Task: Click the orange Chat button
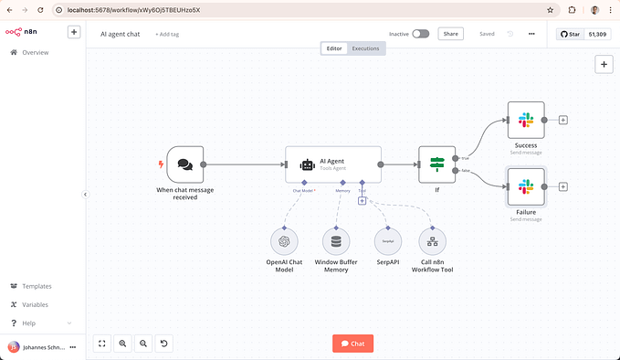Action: [352, 344]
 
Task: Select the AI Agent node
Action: [333, 164]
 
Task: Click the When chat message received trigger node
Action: [184, 164]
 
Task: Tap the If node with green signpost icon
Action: [436, 164]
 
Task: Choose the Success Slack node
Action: [525, 120]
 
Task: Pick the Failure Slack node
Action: [525, 186]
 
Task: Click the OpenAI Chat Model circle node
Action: [285, 241]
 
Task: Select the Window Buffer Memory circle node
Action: [336, 241]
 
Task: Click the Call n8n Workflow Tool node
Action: [433, 241]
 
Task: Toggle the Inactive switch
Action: [420, 34]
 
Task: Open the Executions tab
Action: [365, 48]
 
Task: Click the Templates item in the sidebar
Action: [37, 286]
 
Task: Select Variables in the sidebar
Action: [35, 304]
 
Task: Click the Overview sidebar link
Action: [35, 53]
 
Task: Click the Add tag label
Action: [167, 34]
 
